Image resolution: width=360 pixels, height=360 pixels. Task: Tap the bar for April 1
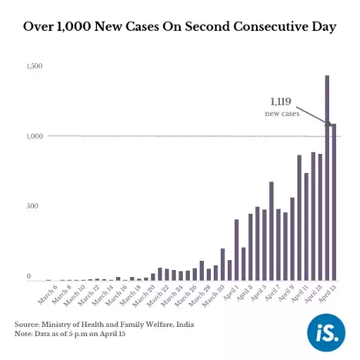click(x=236, y=250)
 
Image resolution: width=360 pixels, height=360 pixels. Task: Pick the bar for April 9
click(x=299, y=217)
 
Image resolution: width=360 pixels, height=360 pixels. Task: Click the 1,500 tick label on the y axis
click(x=35, y=66)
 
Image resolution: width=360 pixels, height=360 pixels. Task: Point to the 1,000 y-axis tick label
click(x=35, y=136)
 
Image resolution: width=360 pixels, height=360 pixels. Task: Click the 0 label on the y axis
click(x=29, y=277)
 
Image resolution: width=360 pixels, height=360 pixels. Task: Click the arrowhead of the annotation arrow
click(x=328, y=124)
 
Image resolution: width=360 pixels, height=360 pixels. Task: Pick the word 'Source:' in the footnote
click(x=27, y=323)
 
